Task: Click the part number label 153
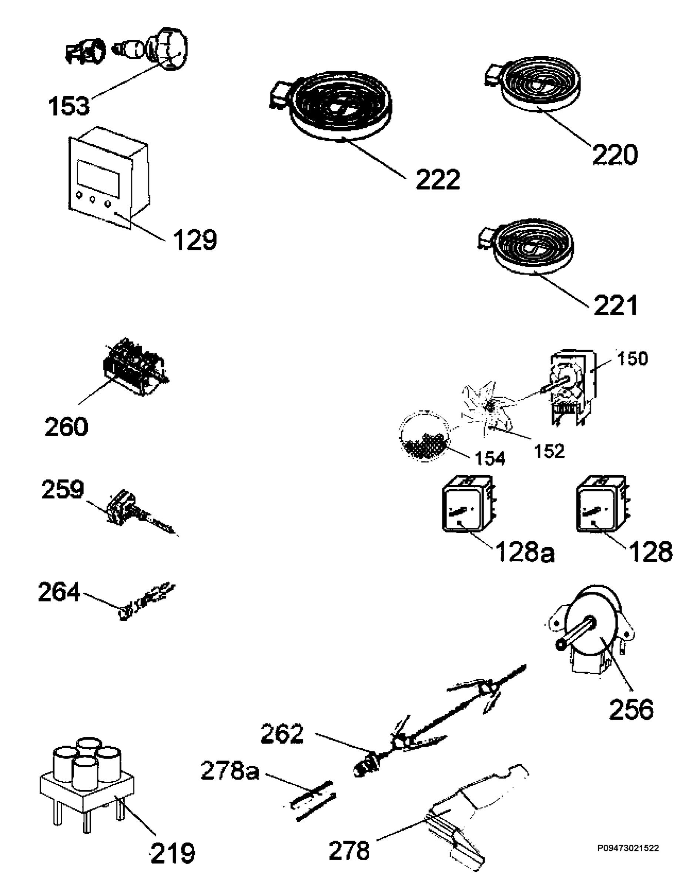coord(68,106)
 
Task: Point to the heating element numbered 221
coord(527,245)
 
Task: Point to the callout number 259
coord(63,489)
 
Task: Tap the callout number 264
coord(59,592)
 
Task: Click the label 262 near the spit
coord(282,734)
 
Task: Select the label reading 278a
coord(230,772)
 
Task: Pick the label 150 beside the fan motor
coord(632,359)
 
